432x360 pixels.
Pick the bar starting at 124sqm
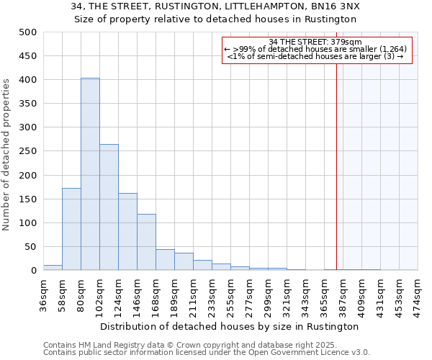tap(127, 232)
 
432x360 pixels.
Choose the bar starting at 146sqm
tap(146, 242)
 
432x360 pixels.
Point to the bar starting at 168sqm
tap(165, 260)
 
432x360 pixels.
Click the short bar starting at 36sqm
tap(53, 268)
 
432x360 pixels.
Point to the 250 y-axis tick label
tap(28, 151)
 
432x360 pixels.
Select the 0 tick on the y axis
tap(34, 271)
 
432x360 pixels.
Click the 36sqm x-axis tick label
tap(44, 294)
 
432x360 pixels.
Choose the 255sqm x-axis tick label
tap(230, 294)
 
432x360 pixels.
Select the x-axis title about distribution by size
tap(230, 326)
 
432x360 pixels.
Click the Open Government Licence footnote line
tap(207, 353)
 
